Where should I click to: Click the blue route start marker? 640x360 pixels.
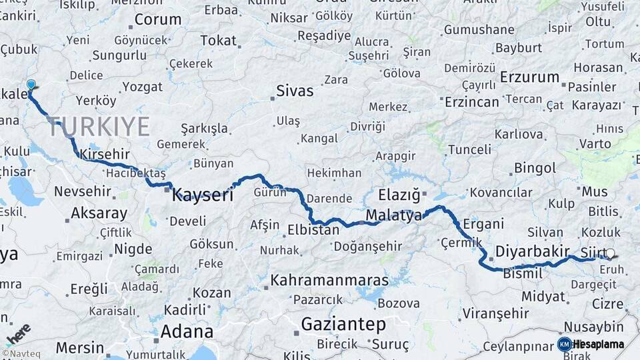pos(31,85)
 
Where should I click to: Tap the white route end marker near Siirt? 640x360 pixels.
pos(610,253)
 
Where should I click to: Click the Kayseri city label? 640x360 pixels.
pos(203,195)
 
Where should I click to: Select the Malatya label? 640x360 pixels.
pos(394,215)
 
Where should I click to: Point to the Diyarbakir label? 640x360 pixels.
pos(532,252)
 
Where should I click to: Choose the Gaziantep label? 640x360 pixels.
pos(343,325)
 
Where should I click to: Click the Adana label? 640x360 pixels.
pos(187,331)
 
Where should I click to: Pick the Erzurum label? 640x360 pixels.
pos(529,77)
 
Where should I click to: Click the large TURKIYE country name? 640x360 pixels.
pos(99,126)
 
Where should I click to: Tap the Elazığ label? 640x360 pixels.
pos(399,195)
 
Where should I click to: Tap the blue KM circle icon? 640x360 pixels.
pos(564,345)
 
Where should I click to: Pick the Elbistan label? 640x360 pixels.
pos(313,230)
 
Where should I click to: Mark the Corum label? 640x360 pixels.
pos(158,19)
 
